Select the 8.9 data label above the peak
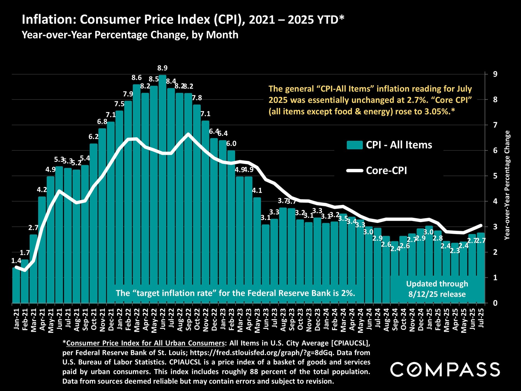click(163, 68)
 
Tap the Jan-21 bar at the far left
click(16, 285)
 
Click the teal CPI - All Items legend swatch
click(355, 145)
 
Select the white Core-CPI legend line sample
click(355, 171)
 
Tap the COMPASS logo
click(445, 370)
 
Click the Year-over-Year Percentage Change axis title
click(507, 185)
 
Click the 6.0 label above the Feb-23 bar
click(231, 144)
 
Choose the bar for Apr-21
click(42, 250)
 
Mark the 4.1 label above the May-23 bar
click(257, 191)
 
